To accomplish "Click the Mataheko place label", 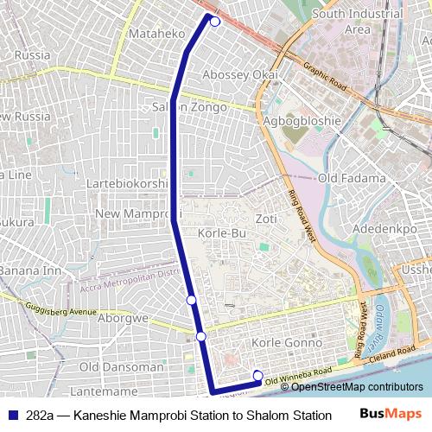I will (156, 34).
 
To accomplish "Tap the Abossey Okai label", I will (239, 75).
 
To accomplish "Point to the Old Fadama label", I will (352, 178).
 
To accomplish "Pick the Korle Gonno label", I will (285, 343).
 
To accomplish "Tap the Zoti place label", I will (266, 219).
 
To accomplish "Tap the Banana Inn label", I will (29, 270).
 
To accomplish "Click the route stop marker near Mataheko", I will (215, 22).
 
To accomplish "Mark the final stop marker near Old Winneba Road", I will (257, 374).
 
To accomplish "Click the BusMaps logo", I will (391, 414).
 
